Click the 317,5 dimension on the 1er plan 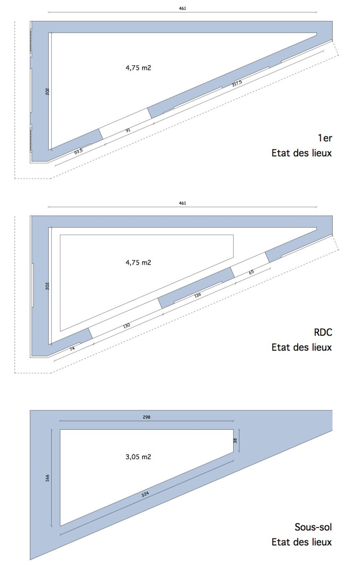click(x=237, y=83)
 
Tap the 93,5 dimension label click(x=78, y=152)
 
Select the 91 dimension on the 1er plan click(x=128, y=130)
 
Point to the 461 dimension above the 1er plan click(x=183, y=8)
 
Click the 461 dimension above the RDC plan click(x=183, y=203)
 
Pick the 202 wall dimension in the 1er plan click(x=47, y=91)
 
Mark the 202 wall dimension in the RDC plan click(x=47, y=286)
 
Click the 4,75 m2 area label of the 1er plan click(x=139, y=68)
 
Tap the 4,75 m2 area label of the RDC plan click(x=139, y=262)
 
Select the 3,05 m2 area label click(x=139, y=457)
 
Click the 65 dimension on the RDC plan click(x=251, y=272)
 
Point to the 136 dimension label click(x=198, y=295)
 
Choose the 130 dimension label click(x=126, y=325)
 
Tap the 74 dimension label click(x=72, y=348)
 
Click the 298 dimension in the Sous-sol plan click(x=147, y=417)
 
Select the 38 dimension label click(x=235, y=441)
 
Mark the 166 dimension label click(x=47, y=478)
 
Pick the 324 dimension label click(x=145, y=494)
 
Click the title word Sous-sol click(x=313, y=527)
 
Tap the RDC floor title click(x=323, y=332)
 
